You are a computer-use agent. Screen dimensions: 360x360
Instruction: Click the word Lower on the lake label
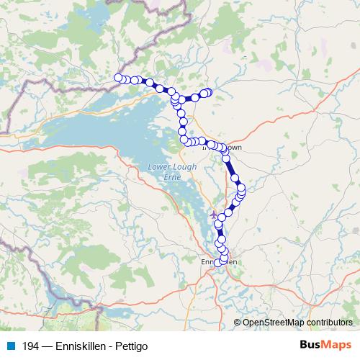(x=159, y=167)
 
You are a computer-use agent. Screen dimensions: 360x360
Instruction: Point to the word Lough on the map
(x=182, y=167)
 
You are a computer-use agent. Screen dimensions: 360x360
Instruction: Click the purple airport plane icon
(x=212, y=214)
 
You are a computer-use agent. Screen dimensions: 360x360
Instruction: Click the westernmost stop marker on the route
(x=118, y=78)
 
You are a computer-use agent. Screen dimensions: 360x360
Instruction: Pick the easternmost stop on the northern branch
(x=209, y=92)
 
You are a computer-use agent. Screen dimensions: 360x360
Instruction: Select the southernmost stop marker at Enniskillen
(x=218, y=264)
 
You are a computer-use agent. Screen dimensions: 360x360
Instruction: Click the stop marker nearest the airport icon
(x=219, y=225)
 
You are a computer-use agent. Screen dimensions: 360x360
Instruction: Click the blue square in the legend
(x=12, y=346)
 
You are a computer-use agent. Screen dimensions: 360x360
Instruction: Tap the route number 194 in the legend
(x=29, y=346)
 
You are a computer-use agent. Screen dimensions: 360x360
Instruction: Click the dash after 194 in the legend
(x=45, y=346)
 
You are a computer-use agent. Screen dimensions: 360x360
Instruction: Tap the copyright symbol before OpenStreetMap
(x=238, y=323)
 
